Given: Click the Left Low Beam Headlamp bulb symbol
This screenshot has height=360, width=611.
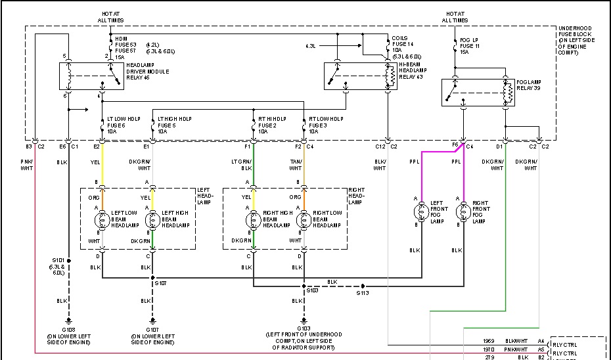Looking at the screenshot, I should (102, 219).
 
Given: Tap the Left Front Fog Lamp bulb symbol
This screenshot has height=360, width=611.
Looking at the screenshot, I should (420, 211).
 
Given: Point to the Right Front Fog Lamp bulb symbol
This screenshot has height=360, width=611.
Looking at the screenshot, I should (464, 211).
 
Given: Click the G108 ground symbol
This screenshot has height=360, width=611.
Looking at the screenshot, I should (68, 323).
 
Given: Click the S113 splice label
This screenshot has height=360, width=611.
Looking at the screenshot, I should (363, 294).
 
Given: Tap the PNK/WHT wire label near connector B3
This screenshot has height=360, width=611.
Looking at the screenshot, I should (26, 164).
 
